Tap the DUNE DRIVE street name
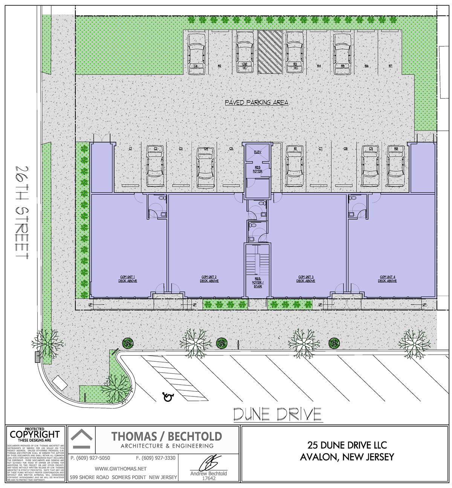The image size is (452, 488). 277,414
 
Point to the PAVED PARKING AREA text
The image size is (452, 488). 257,102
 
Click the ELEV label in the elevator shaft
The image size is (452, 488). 258,152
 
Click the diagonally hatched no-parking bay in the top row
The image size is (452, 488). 270,52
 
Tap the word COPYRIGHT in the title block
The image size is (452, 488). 35,434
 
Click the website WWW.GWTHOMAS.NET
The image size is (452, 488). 121,469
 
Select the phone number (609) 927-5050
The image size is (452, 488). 90,458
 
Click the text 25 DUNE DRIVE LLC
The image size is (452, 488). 347,445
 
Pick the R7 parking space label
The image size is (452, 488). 391,66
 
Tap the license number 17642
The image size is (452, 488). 209,478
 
